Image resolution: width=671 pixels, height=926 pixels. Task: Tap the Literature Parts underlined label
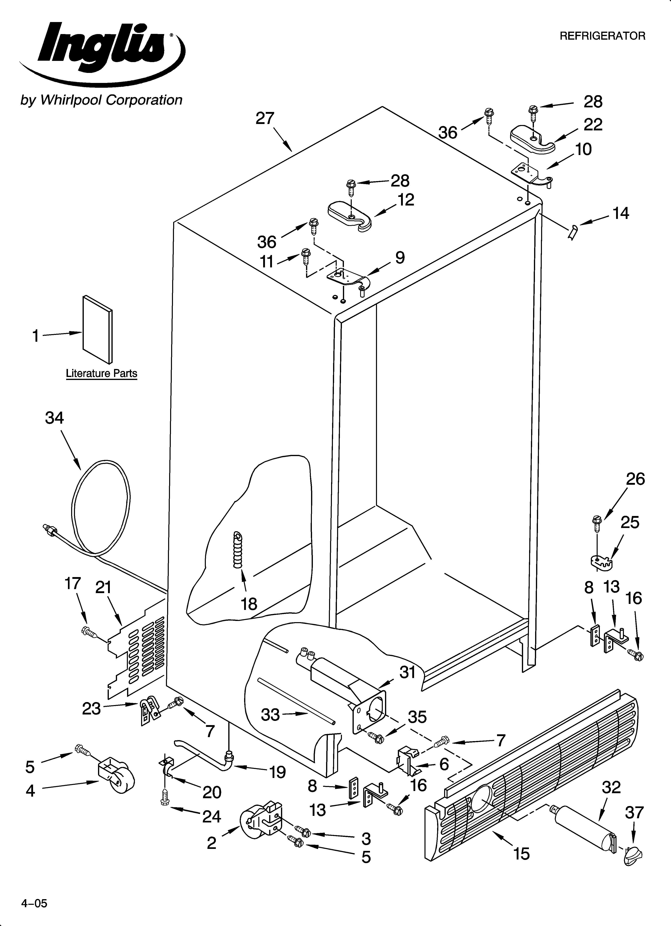click(x=101, y=373)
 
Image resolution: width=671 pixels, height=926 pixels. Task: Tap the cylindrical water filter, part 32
click(x=584, y=834)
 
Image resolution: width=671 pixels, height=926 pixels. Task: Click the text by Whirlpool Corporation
click(x=101, y=100)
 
